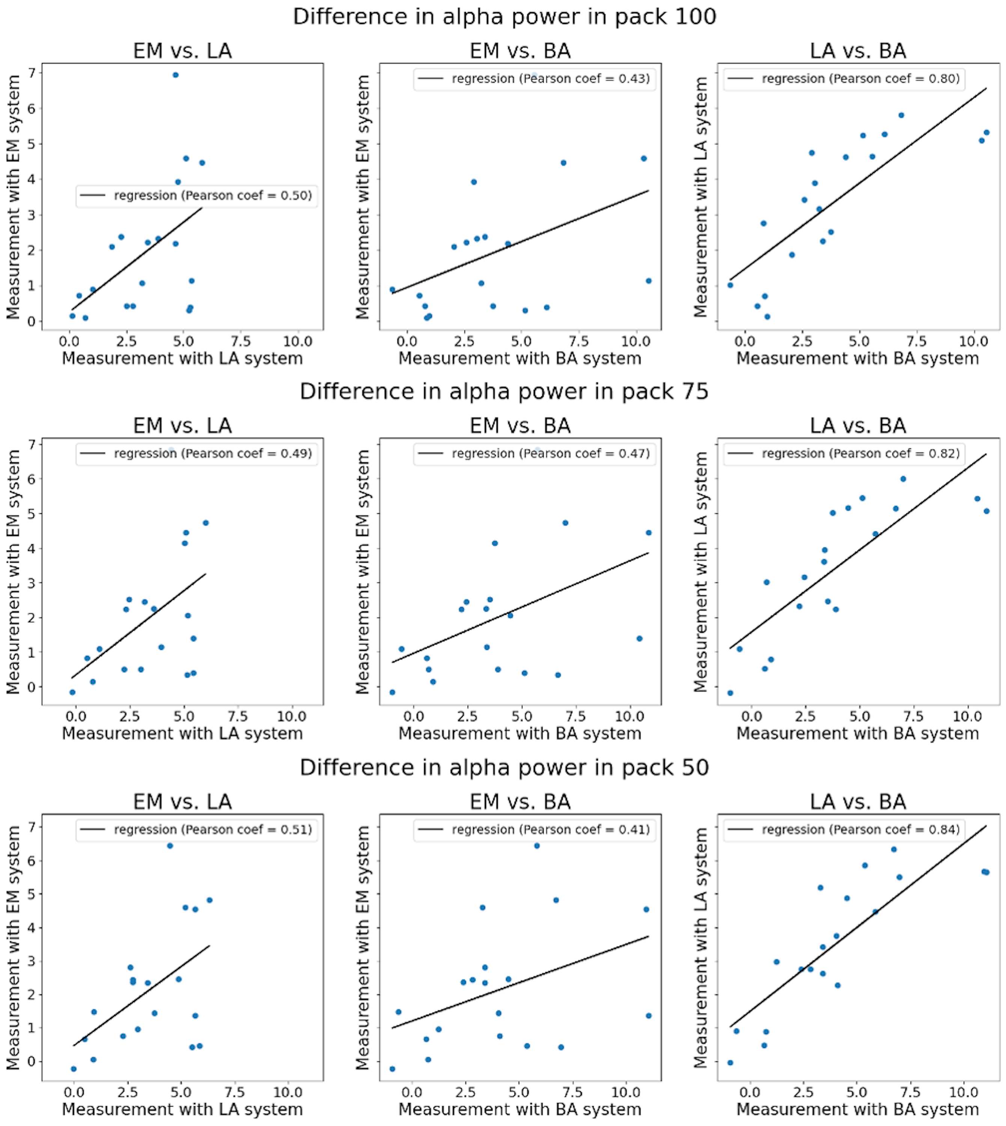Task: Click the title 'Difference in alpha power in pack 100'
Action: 504,17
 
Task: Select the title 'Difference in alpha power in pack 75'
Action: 504,391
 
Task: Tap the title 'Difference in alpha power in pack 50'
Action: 504,767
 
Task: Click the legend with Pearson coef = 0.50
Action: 197,196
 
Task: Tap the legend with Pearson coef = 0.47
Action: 535,454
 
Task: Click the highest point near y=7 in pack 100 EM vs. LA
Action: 176,75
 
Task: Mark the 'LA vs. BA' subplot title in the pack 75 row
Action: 858,426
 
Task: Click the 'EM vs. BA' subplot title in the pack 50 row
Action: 520,801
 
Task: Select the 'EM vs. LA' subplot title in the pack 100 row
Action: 182,51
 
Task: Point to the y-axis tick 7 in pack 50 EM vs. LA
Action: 32,827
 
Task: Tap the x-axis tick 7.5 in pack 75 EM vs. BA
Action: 576,717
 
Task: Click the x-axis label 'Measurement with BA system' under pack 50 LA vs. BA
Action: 858,1109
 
